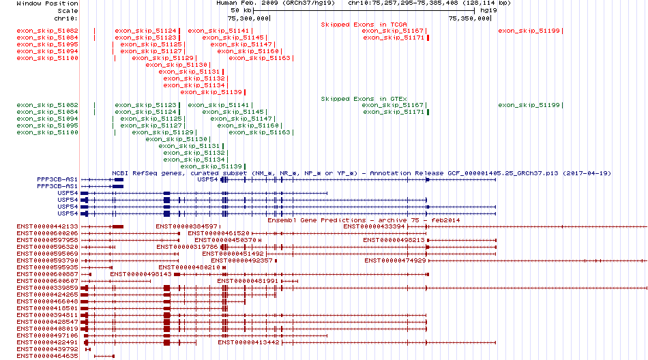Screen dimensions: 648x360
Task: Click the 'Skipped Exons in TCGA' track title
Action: coord(364,25)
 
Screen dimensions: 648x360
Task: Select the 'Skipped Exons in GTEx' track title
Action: coord(364,99)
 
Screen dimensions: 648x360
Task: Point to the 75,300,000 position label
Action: coord(248,18)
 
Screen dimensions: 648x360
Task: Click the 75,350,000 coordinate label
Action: coord(469,18)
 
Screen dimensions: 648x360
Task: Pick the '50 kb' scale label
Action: coord(241,10)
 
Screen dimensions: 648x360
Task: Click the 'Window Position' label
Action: coord(47,3)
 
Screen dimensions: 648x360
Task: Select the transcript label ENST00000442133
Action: coord(47,226)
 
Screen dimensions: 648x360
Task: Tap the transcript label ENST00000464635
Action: coord(47,356)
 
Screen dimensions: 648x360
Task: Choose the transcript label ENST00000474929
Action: coord(395,260)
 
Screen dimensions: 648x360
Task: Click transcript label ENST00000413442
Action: coord(248,342)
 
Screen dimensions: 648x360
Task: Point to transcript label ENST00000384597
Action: coord(186,226)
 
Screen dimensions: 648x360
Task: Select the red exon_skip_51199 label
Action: coord(529,31)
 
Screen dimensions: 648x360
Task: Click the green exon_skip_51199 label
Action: coord(529,105)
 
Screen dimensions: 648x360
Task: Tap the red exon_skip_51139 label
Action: coord(211,92)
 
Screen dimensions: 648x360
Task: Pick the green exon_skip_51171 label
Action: coord(394,112)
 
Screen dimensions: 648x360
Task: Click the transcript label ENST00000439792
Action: coord(47,349)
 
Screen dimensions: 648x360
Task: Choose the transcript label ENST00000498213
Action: coord(394,240)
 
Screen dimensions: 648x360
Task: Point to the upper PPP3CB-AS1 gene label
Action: coord(57,179)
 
